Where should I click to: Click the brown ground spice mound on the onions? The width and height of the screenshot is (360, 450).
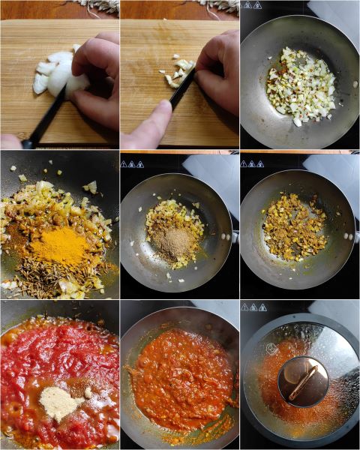[x=176, y=242]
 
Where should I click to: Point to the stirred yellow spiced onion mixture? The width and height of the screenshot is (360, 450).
[x=295, y=226]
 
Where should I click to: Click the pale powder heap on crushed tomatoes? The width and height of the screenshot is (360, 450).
[x=61, y=402]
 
